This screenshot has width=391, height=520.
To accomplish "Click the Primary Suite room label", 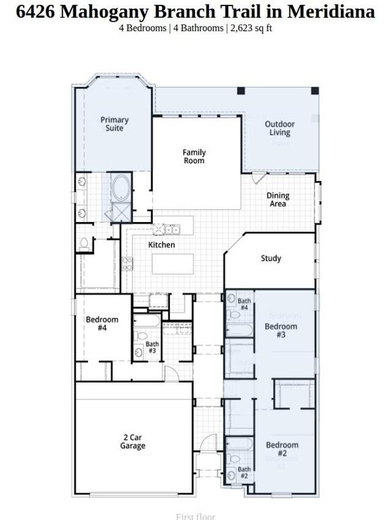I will click(114, 124).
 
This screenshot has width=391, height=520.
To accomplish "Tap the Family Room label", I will click(194, 156).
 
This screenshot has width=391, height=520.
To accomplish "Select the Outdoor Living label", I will click(279, 128).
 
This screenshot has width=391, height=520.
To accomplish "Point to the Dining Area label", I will click(277, 199).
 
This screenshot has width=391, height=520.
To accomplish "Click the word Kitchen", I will click(162, 244).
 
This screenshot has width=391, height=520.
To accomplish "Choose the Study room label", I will click(271, 259).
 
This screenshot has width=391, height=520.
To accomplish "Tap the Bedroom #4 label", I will click(101, 324).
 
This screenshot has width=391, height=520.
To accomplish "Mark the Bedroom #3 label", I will click(280, 330).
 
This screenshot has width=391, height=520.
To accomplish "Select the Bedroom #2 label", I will click(281, 449).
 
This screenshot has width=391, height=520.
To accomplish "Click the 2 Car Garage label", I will click(133, 441).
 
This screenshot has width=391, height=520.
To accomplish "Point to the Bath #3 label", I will click(152, 347).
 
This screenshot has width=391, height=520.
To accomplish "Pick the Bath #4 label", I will click(244, 304).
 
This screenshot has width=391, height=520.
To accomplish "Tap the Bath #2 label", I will click(244, 473).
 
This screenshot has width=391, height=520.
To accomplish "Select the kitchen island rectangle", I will click(172, 263).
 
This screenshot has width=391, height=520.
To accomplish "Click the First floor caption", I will click(195, 517).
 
